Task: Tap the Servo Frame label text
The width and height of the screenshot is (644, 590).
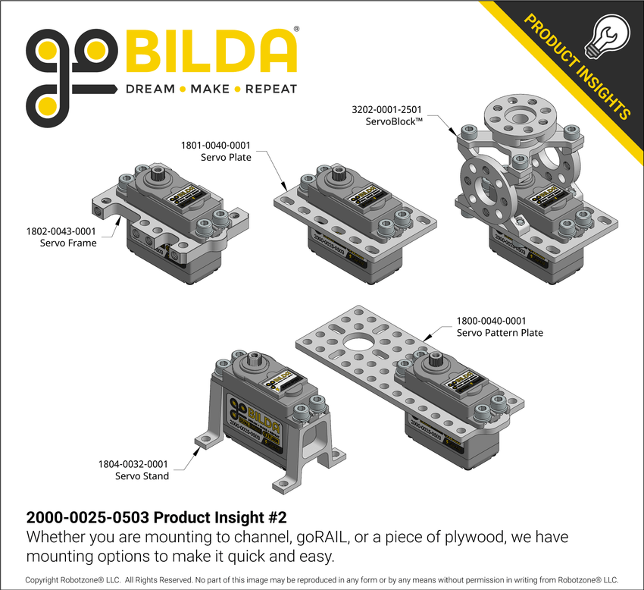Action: [x=67, y=243]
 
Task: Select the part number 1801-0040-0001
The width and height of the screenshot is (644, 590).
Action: [x=215, y=145]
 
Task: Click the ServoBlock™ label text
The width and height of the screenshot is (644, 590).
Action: [x=392, y=121]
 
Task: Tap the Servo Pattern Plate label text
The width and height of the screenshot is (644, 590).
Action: [x=500, y=333]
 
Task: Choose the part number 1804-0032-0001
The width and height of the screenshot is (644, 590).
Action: [x=134, y=463]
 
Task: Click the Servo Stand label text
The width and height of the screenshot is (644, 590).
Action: [x=142, y=476]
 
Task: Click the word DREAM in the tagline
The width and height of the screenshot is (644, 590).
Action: [x=150, y=89]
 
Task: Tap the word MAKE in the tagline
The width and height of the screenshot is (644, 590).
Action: [x=210, y=89]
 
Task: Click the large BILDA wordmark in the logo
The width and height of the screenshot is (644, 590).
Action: [x=210, y=51]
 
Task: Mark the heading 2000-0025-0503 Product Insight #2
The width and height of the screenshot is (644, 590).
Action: [x=156, y=519]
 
